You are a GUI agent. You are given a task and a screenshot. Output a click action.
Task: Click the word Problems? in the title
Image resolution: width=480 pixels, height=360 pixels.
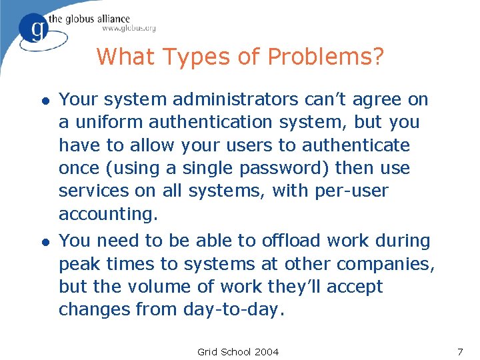tap(326, 57)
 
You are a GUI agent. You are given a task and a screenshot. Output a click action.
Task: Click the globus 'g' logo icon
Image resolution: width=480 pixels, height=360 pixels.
tap(33, 30)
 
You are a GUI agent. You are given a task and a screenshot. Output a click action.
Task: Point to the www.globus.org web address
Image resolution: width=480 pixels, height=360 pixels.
tap(129, 29)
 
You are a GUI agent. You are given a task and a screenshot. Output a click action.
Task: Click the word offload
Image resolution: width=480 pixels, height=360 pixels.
tap(275, 241)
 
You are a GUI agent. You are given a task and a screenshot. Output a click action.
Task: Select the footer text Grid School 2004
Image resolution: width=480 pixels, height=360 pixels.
tap(238, 351)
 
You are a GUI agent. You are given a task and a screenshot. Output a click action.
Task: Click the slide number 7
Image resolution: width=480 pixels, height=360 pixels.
tap(459, 351)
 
